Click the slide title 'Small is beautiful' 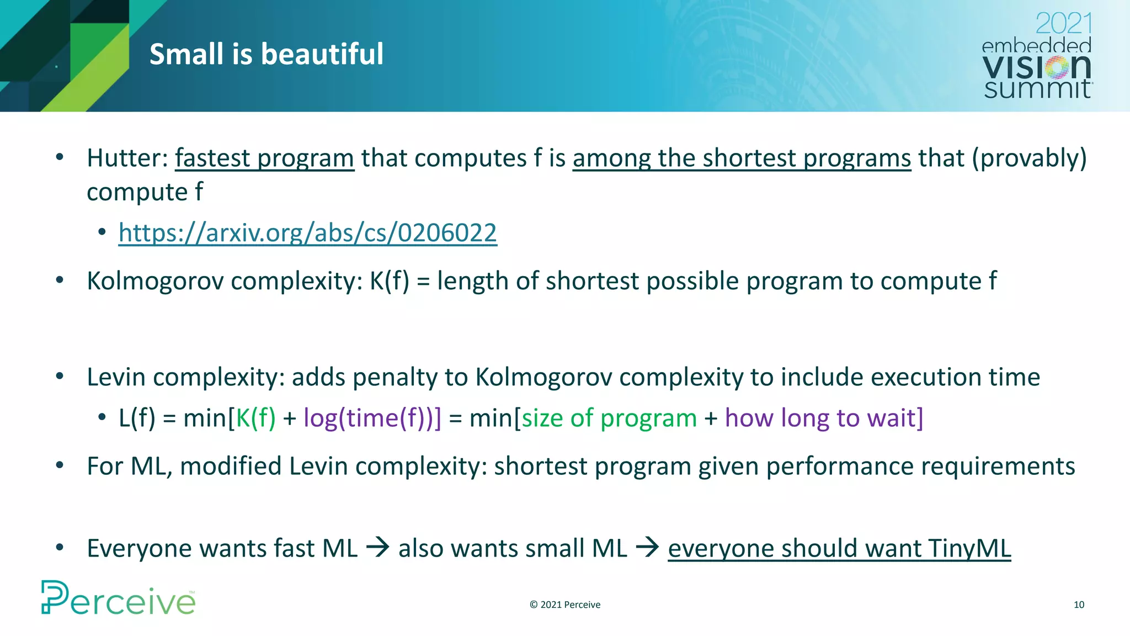coord(266,54)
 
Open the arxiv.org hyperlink coord(307,232)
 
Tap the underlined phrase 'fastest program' coord(264,158)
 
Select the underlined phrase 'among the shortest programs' coord(742,158)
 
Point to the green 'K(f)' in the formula coord(255,418)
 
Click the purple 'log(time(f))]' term coord(372,418)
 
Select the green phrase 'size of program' coord(609,418)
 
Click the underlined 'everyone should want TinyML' coord(839,548)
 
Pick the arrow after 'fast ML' coord(378,548)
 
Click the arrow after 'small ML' coord(647,548)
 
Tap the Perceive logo coord(118,598)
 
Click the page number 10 coord(1079,605)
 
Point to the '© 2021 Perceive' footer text coord(565,605)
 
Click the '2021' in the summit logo coord(1063,24)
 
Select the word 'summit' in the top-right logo coord(1037,89)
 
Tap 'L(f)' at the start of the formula coord(137,418)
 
